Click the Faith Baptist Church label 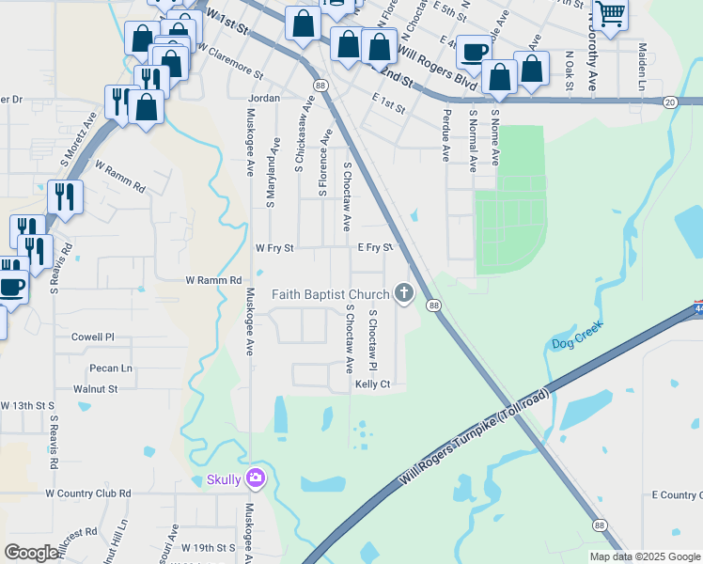coord(331,294)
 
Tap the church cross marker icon coord(404,294)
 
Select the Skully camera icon coord(255,479)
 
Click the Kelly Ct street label coord(372,384)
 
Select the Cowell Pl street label coord(92,337)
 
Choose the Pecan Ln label coord(110,368)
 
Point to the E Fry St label coord(374,248)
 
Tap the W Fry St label coord(275,249)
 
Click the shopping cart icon coord(610,15)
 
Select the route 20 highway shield coord(669,102)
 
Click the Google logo coord(31,553)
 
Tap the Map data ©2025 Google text coord(644,556)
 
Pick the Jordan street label coord(265,98)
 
